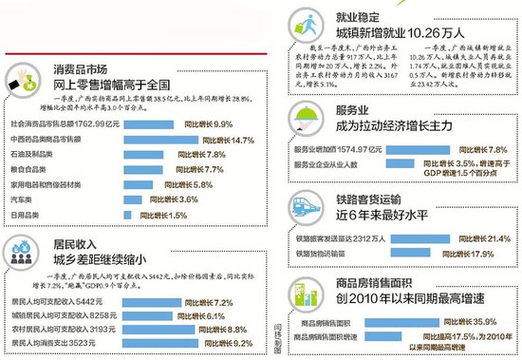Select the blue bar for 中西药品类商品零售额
(152, 141)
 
